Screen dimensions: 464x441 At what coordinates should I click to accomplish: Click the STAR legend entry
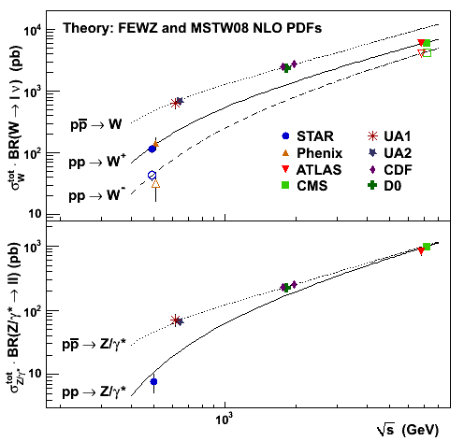coord(307,136)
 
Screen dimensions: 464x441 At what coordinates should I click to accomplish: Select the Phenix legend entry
coord(312,153)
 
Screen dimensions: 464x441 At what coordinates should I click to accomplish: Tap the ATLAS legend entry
coord(312,170)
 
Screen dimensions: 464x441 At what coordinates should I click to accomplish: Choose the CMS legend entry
coord(304,186)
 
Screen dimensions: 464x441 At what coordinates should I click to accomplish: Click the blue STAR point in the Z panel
coord(153,381)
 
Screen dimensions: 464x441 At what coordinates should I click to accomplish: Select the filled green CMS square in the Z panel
coord(427,247)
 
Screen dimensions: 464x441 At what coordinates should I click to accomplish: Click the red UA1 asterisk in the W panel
coord(175,103)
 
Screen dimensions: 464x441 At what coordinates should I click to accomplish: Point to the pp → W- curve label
coord(97,195)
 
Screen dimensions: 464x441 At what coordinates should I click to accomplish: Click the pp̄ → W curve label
coord(96,124)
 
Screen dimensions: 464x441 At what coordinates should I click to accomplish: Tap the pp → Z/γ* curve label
coord(94,391)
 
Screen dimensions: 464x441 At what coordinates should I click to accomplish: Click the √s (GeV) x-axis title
coord(408,430)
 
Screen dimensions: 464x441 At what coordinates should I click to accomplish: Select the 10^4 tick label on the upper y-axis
coord(33,30)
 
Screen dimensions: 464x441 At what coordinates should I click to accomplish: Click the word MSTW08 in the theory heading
coord(220,28)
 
